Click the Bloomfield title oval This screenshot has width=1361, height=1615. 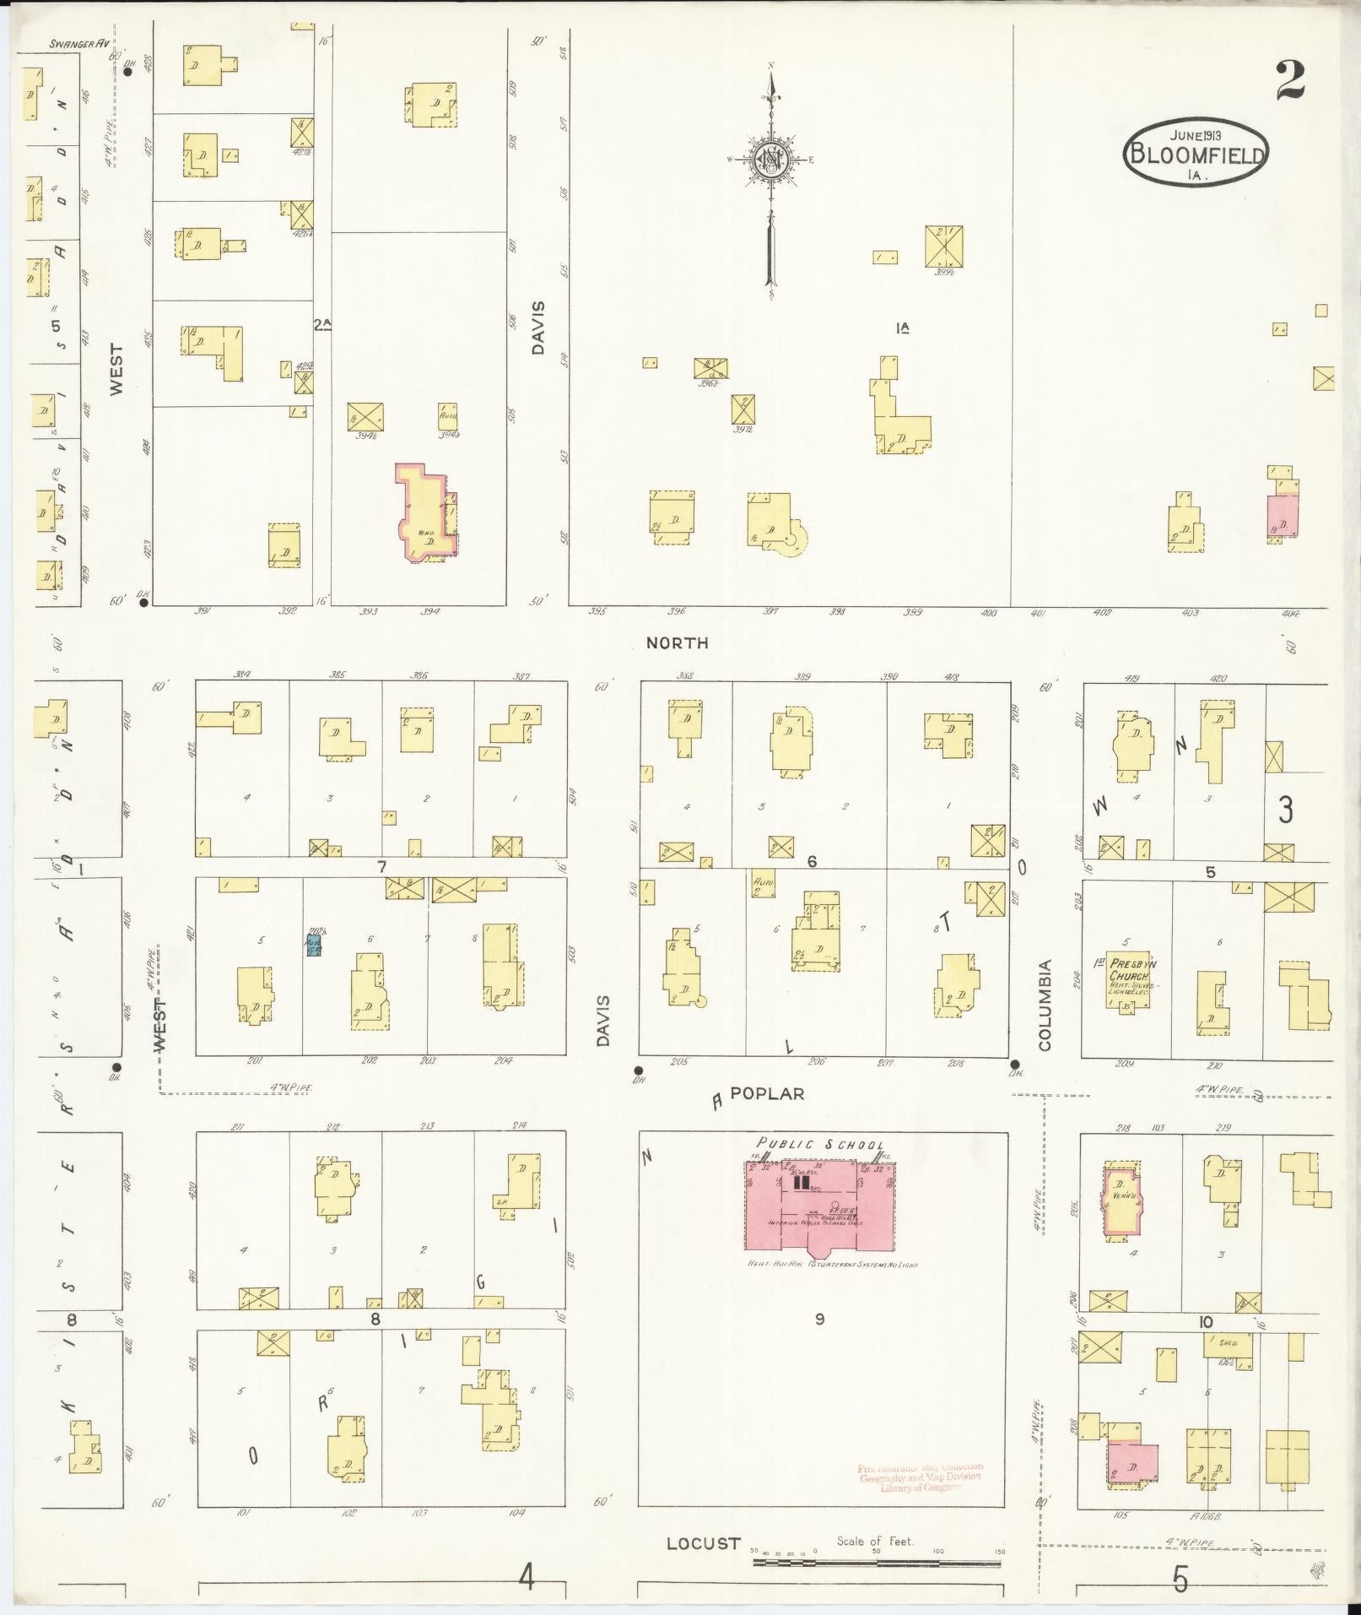1196,154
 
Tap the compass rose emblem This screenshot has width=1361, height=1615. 770,159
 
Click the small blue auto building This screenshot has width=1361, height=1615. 313,943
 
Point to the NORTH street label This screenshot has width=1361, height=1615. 677,643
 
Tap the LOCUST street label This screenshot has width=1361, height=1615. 703,1543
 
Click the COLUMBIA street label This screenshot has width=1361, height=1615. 1045,1005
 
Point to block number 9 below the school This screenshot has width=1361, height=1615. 819,1342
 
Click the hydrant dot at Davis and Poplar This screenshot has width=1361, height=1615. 640,1070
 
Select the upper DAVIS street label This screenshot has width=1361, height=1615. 539,328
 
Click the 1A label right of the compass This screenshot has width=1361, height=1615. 906,328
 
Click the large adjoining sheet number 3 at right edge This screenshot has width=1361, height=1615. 1285,810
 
